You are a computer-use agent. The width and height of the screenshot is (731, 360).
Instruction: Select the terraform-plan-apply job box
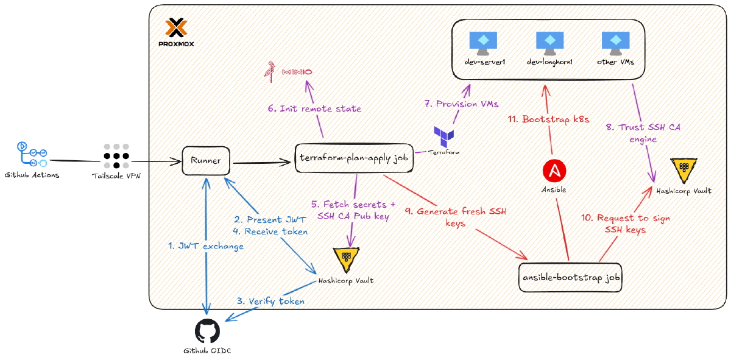[353, 158]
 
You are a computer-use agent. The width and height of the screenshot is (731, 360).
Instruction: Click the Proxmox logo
[176, 29]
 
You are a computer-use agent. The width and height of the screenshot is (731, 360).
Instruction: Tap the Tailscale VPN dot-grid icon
[115, 156]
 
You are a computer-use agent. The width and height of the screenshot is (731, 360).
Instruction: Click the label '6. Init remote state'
[314, 109]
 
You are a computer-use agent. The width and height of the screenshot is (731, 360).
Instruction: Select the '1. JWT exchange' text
[206, 246]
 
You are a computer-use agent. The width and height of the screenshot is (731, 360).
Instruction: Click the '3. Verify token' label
[270, 301]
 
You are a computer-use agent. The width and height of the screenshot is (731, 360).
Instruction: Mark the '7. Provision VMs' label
[453, 104]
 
